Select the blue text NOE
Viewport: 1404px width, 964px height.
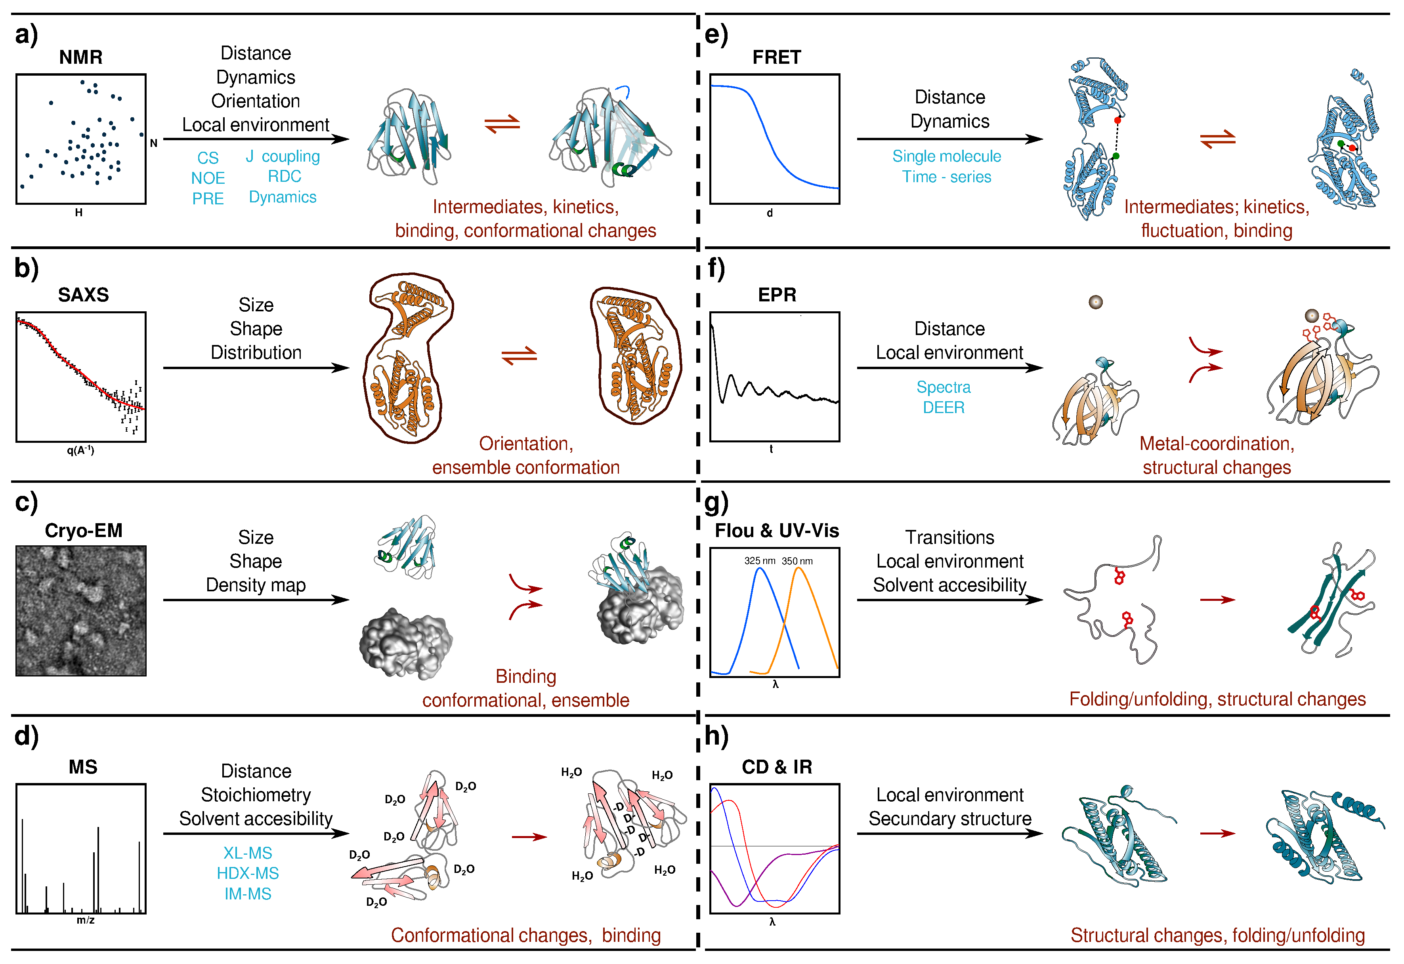pos(208,178)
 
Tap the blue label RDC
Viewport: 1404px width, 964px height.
pos(284,176)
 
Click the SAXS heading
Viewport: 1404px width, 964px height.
pos(83,295)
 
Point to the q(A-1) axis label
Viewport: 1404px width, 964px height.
pos(80,450)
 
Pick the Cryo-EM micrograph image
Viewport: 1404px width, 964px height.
pos(81,611)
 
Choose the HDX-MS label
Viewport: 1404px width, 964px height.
pos(248,873)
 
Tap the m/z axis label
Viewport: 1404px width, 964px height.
pos(85,920)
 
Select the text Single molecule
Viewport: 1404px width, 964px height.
pos(946,156)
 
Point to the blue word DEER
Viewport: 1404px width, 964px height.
pos(944,408)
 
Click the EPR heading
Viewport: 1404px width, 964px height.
pos(777,295)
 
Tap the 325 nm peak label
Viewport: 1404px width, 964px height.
pos(760,561)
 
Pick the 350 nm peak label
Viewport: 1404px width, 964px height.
pos(797,561)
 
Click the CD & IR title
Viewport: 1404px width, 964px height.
pos(777,767)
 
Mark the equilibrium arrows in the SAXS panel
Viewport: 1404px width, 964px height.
pos(519,355)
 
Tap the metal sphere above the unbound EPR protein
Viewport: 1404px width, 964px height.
pos(1095,302)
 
